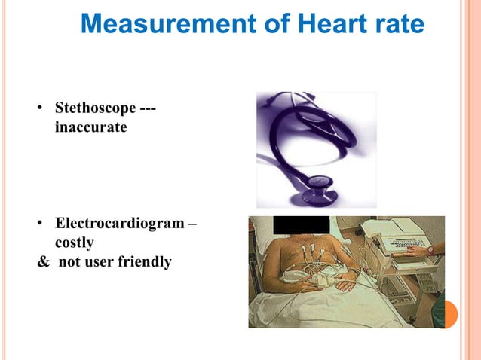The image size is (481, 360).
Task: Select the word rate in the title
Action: [x=394, y=24]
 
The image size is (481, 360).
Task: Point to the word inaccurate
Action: [x=90, y=128]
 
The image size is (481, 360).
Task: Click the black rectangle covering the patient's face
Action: [x=301, y=224]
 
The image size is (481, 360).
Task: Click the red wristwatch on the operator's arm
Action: [x=430, y=248]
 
